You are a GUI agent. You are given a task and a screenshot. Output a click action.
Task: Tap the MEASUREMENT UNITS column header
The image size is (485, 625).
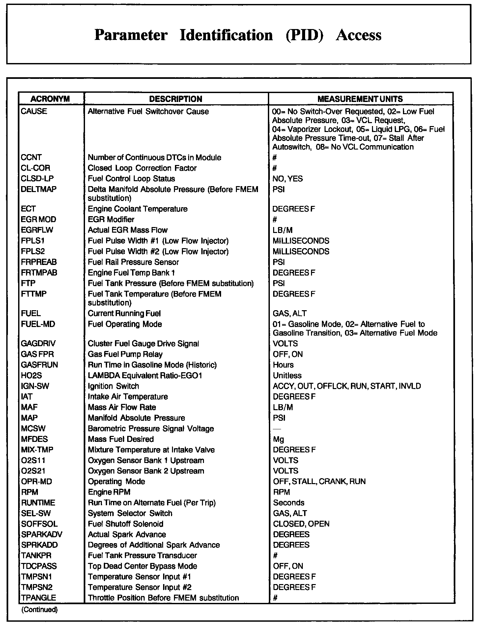pos(360,99)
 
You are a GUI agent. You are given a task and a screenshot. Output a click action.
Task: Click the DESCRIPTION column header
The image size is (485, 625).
pos(176,99)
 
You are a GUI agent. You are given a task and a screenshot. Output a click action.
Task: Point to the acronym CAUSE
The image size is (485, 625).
pos(34,112)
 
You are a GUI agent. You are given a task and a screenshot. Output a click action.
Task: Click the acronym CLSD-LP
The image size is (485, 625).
pos(37,179)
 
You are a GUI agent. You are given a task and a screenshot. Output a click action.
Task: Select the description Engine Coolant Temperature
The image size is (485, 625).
pos(137,209)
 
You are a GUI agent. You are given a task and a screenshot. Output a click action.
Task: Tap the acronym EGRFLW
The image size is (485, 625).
pos(37,230)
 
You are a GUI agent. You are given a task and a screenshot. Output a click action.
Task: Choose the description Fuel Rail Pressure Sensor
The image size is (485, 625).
pos(133,262)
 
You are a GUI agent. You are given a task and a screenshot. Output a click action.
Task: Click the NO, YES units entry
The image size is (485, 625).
pos(288,179)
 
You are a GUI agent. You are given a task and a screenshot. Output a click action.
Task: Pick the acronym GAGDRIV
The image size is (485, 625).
pos(38,344)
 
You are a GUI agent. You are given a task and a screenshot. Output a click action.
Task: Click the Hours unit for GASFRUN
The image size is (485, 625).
pos(283,365)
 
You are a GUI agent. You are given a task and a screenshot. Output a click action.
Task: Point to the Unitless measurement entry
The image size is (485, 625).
pos(287,376)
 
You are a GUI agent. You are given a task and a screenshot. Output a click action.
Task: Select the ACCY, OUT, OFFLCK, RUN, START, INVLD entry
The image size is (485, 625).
pos(347,386)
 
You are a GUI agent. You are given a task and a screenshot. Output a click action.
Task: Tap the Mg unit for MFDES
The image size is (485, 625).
pos(278,439)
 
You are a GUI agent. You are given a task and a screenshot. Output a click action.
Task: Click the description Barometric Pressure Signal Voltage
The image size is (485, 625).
pos(151,429)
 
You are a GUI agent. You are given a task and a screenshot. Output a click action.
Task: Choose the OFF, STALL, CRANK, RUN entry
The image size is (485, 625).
pos(319,481)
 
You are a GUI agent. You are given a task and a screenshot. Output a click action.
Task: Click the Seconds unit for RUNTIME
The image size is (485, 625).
pos(289,503)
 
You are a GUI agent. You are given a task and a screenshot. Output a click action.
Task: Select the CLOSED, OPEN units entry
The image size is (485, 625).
pos(301,524)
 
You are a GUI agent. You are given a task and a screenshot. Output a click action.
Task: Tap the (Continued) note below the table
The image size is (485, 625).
pos(39,609)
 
